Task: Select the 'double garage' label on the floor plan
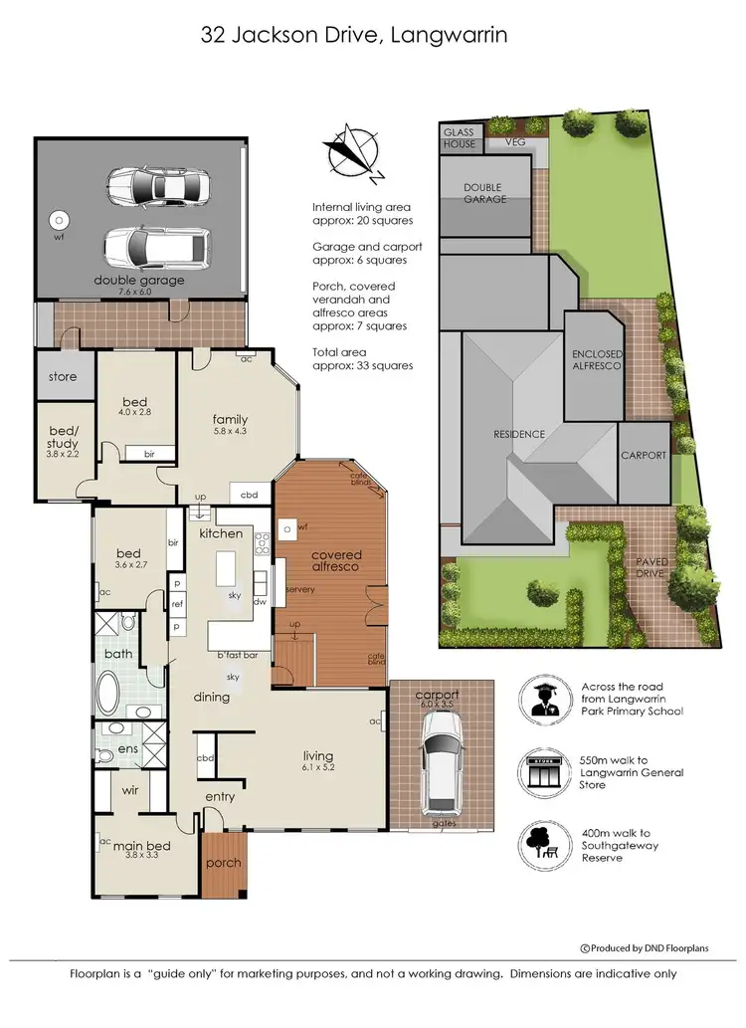139,281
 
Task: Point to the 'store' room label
63,377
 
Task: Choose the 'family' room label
230,419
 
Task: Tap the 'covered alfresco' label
336,560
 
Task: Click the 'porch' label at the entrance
224,863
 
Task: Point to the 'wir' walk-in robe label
129,790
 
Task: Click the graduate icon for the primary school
543,701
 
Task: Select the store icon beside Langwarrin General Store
543,772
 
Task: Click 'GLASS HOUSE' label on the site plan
461,137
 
